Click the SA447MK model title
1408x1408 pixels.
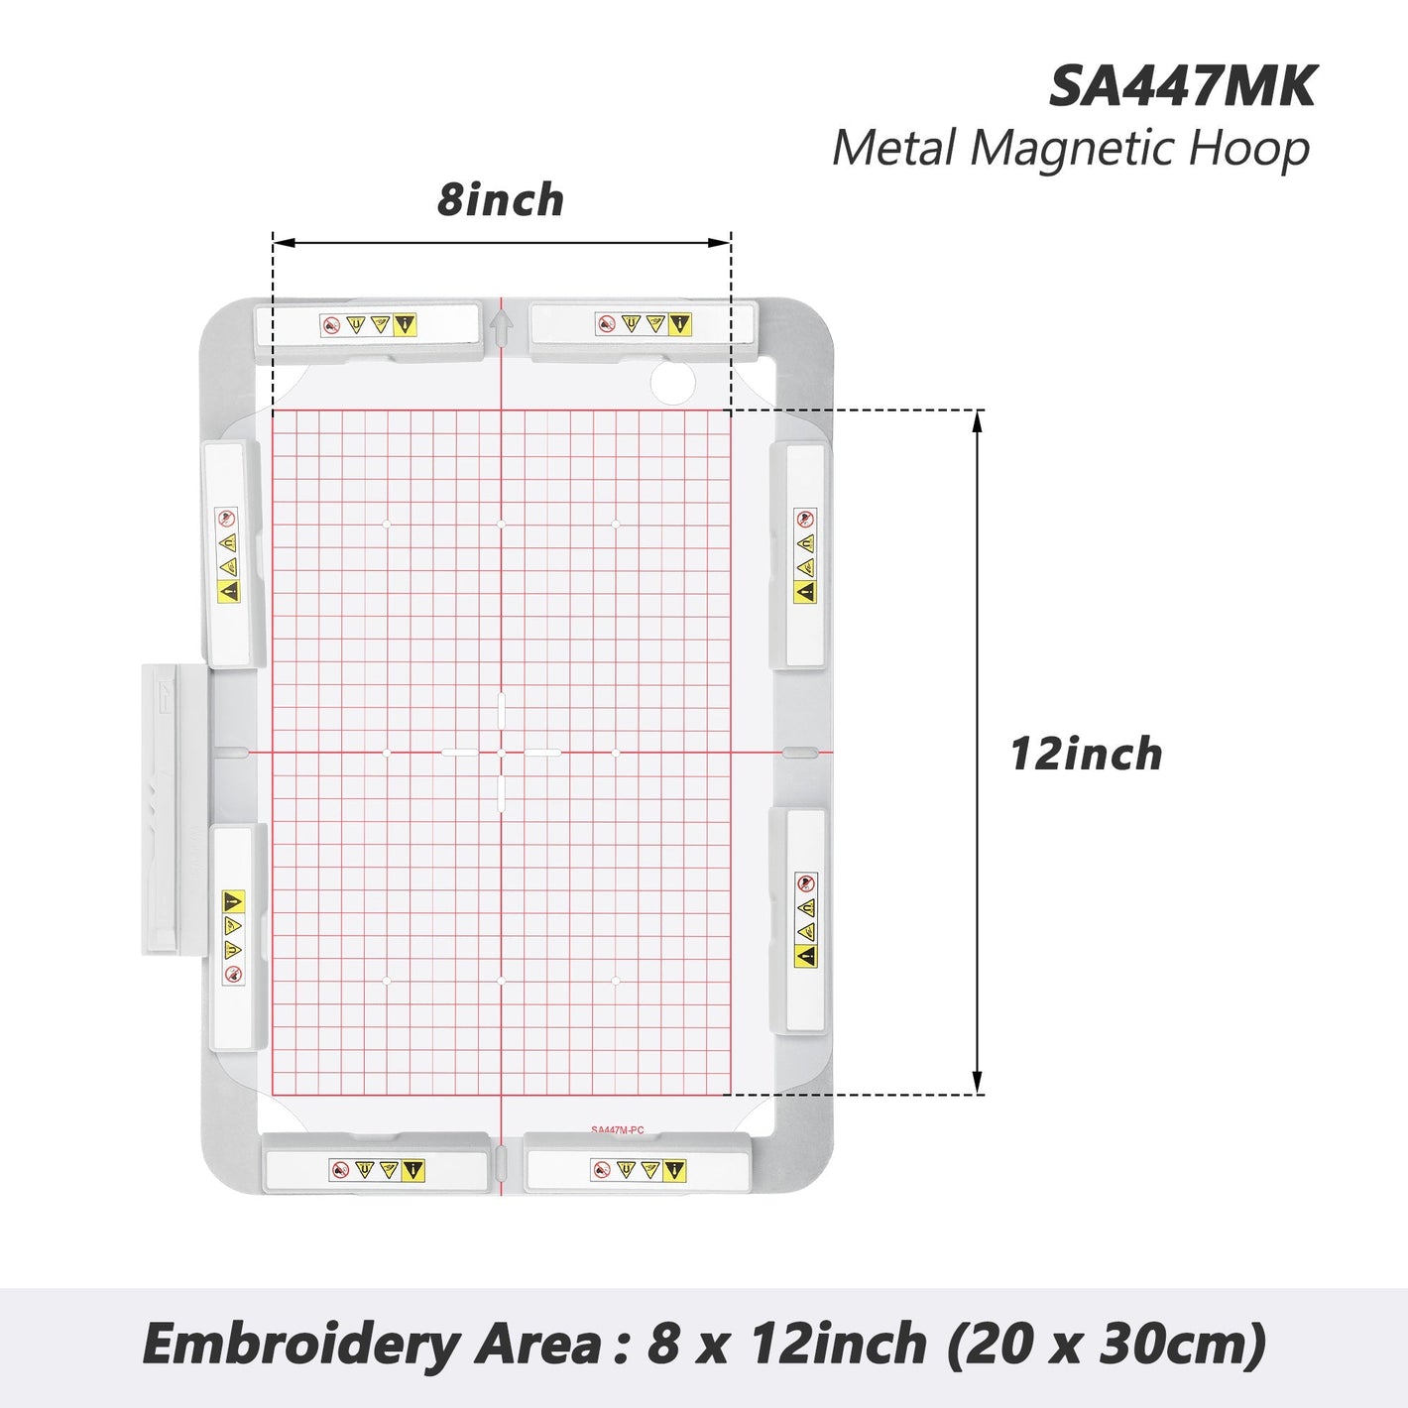click(1182, 87)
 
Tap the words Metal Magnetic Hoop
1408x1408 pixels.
click(1071, 149)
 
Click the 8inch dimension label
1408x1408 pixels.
click(501, 199)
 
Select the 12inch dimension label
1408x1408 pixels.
click(1086, 754)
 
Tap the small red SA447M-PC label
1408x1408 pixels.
click(618, 1129)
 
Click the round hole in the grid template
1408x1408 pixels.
click(672, 381)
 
